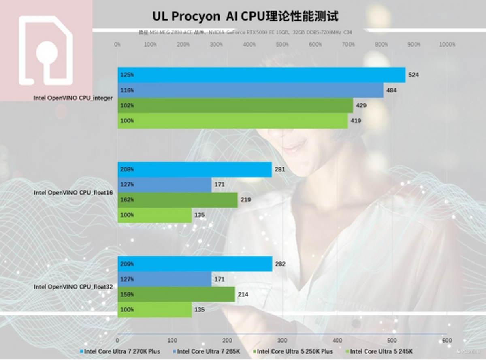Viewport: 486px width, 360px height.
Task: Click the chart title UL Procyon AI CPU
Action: point(245,16)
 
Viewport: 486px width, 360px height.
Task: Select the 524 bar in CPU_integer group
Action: point(261,75)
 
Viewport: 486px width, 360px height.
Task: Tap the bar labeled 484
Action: point(250,90)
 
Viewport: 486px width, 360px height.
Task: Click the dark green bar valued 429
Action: point(235,105)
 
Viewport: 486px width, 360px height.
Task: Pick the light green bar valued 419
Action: point(232,121)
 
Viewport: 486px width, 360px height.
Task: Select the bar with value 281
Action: point(194,169)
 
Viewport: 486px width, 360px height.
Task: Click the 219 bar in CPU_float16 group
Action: point(177,200)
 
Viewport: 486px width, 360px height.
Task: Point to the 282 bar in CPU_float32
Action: point(195,264)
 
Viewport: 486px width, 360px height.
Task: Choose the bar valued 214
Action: point(176,294)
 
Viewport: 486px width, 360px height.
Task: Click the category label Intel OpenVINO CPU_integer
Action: point(73,98)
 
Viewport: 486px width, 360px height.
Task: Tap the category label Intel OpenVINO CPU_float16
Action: point(73,193)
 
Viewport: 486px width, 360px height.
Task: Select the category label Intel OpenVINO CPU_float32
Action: point(73,287)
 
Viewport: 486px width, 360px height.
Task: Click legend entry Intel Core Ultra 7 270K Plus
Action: point(122,351)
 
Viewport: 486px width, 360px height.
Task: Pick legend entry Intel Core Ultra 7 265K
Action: point(206,351)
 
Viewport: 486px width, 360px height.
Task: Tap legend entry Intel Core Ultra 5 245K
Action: point(381,351)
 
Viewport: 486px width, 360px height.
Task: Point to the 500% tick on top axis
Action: point(282,45)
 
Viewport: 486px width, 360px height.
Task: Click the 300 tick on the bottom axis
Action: point(282,340)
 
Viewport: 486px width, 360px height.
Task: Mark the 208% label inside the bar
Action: point(127,169)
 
